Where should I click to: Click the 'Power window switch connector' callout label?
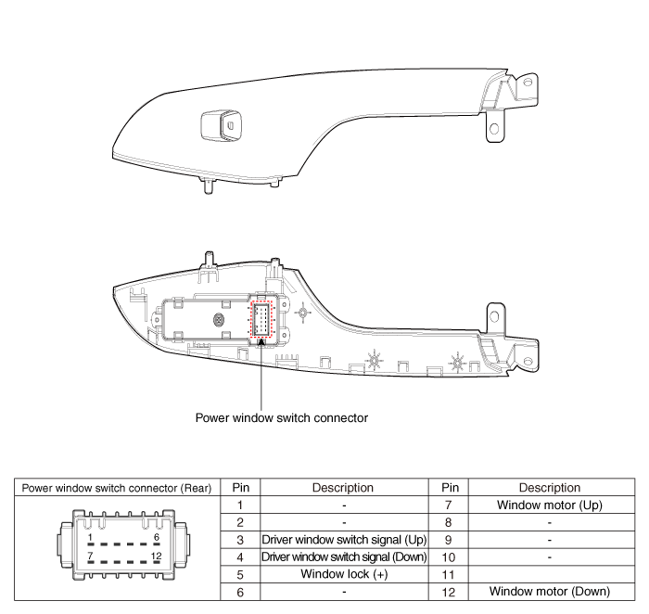282,417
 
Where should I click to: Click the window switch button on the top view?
221,125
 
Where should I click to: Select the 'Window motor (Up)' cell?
549,505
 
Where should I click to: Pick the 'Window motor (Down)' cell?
549,591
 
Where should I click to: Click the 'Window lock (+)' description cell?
344,574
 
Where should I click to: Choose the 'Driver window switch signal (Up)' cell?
344,540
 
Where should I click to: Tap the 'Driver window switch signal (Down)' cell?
344,556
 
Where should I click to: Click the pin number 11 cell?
448,575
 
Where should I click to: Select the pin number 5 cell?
240,575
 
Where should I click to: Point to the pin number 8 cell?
448,522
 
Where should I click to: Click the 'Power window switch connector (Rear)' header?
117,488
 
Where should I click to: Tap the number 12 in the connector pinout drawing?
156,556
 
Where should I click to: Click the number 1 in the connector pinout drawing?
90,537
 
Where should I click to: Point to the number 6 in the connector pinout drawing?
157,537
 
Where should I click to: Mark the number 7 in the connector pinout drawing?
90,556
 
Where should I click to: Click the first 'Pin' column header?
240,487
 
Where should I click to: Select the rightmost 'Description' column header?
549,487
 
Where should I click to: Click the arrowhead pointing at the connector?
261,341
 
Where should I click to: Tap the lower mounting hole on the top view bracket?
494,128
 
